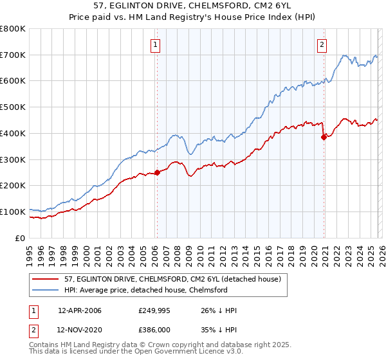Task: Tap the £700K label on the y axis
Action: coord(13,55)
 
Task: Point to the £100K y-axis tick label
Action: coord(13,212)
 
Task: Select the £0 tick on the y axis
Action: coord(21,238)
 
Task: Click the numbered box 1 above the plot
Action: coord(156,44)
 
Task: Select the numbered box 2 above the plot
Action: coord(322,44)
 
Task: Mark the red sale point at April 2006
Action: coord(157,172)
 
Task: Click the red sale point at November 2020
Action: coord(324,136)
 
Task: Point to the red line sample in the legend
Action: coord(45,280)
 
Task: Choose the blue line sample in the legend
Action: coord(45,290)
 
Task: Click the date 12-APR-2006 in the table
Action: coord(80,310)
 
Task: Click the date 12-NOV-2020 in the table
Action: coord(80,330)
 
